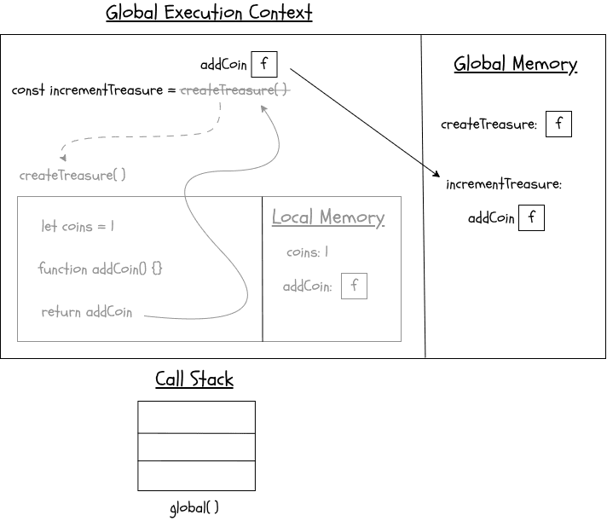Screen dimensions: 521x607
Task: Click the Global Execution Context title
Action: (x=209, y=14)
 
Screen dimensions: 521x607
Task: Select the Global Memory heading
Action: (x=515, y=64)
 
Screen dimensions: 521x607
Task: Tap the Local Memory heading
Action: (x=328, y=217)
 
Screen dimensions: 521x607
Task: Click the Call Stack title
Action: (x=194, y=379)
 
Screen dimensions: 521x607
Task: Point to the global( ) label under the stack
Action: (x=194, y=508)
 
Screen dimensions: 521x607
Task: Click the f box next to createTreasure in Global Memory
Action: (x=558, y=124)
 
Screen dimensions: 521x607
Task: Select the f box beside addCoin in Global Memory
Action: (x=531, y=217)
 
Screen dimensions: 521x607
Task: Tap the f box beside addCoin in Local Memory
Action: (x=354, y=287)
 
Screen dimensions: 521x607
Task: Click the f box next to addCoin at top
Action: (x=264, y=64)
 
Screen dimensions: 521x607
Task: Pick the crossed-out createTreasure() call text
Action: (x=235, y=90)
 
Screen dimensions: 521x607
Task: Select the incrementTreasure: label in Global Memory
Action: (x=504, y=184)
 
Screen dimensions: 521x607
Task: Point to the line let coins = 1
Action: (x=78, y=227)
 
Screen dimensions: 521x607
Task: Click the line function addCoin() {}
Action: (x=100, y=269)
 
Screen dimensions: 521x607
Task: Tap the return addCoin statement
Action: (x=87, y=312)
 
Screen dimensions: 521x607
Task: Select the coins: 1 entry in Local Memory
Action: (x=307, y=252)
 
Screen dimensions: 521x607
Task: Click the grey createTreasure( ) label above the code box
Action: (x=72, y=175)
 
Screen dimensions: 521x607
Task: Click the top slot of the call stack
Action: (x=196, y=417)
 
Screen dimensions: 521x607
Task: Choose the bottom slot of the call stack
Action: (x=196, y=476)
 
